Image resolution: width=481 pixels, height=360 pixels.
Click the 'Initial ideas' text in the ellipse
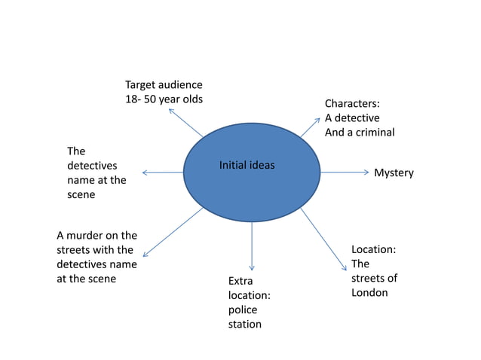tap(247, 165)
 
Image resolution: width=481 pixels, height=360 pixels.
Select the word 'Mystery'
tap(394, 173)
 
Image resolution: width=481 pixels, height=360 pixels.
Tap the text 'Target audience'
tap(164, 85)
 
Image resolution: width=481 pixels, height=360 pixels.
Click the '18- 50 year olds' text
tap(164, 99)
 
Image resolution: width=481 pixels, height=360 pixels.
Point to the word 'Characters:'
tap(352, 103)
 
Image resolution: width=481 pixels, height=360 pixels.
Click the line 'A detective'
tap(352, 117)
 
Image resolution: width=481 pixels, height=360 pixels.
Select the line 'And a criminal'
tap(360, 132)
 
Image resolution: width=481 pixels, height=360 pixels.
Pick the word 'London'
tap(369, 292)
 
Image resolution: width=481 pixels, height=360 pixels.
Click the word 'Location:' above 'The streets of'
tap(374, 249)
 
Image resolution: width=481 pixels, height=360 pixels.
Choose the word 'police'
tap(243, 310)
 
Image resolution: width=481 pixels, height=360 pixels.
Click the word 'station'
tap(245, 324)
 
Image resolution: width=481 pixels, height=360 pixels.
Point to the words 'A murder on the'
tap(97, 235)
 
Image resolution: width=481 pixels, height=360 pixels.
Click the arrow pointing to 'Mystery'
tap(345, 172)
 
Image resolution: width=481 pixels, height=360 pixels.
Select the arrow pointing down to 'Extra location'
tap(252, 246)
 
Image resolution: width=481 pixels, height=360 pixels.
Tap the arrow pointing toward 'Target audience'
tap(186, 123)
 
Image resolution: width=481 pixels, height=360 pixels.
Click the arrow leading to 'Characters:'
tap(309, 127)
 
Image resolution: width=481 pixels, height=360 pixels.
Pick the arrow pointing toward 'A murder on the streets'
tap(173, 233)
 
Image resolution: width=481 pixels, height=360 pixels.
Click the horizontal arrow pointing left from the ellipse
tap(163, 172)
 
